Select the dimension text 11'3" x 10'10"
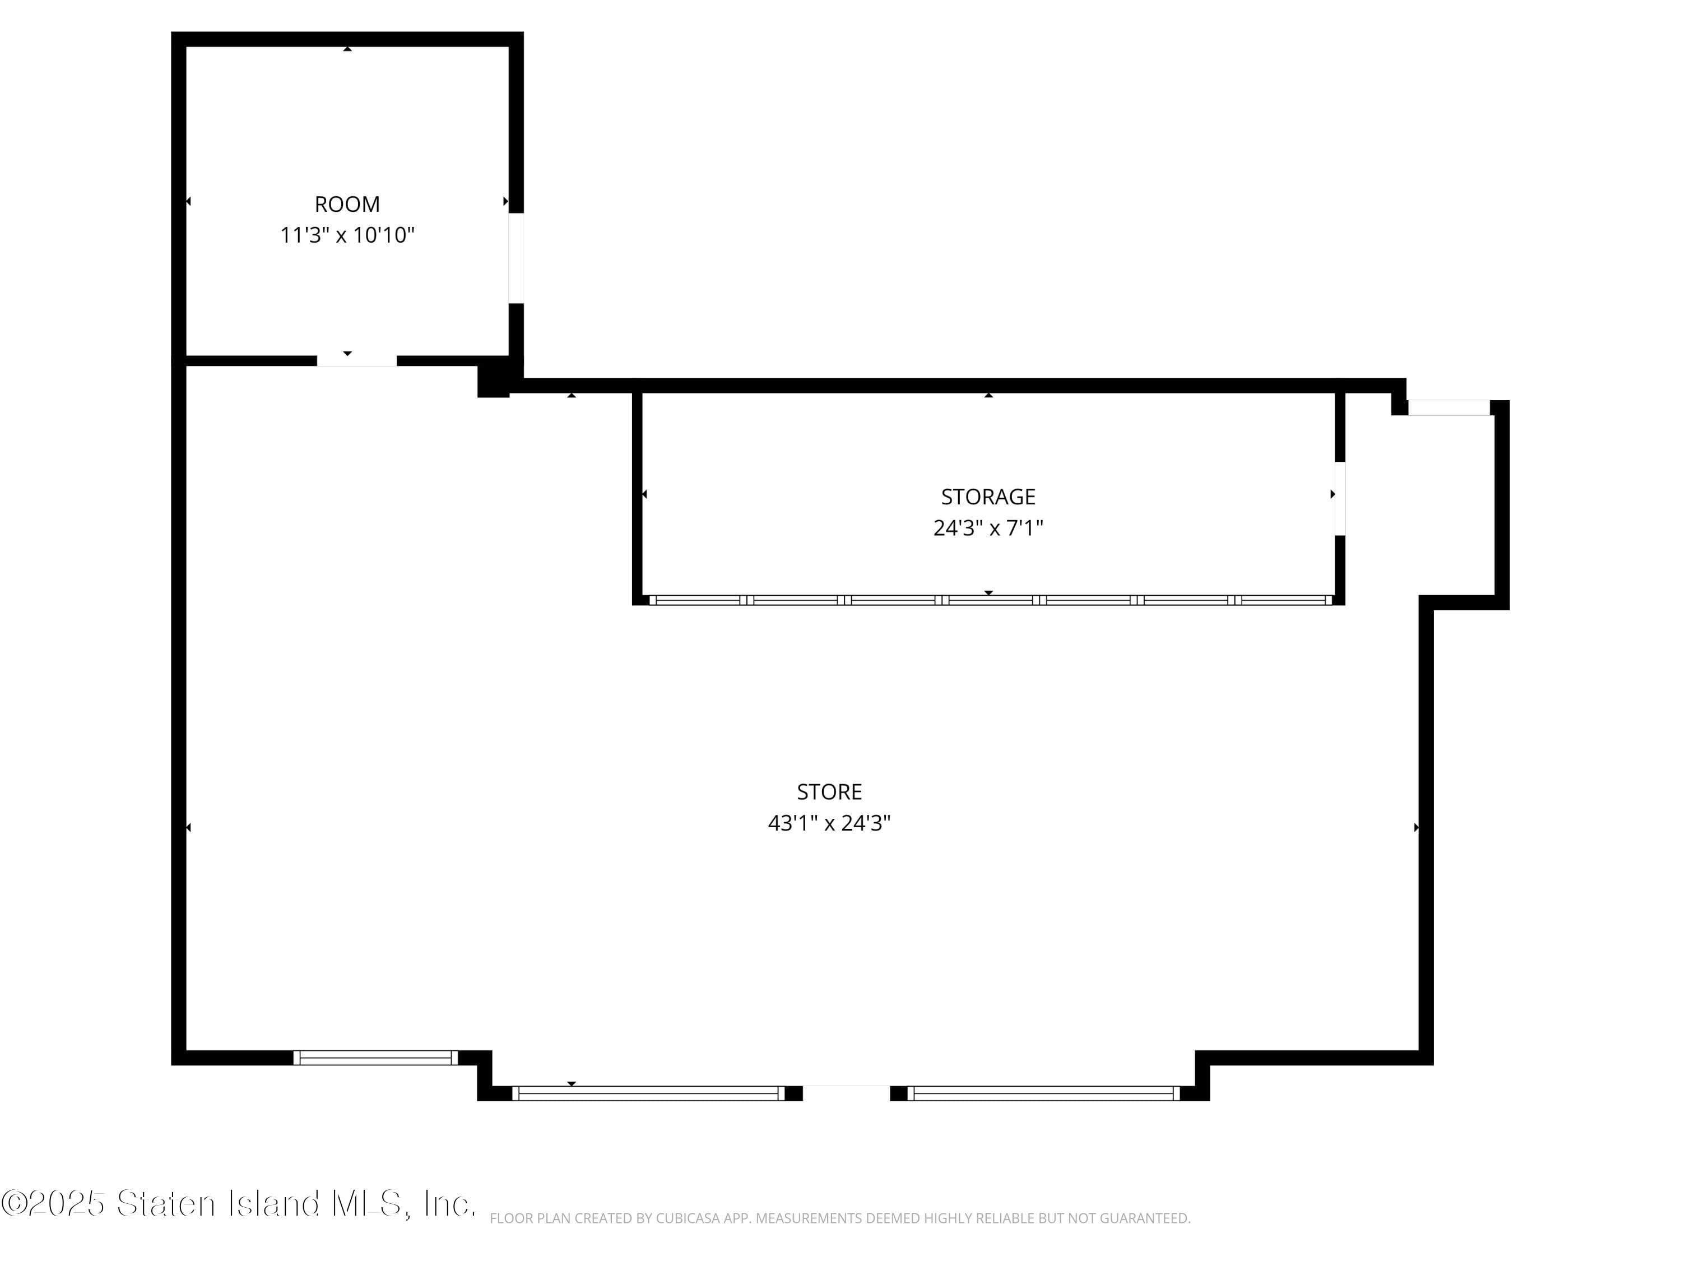click(x=347, y=235)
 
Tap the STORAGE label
click(x=988, y=497)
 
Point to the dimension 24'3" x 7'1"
click(x=988, y=527)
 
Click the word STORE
click(x=829, y=792)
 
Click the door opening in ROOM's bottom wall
click(x=356, y=361)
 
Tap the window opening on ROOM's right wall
click(x=516, y=258)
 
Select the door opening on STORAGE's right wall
click(x=1340, y=499)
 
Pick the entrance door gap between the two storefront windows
click(x=846, y=1093)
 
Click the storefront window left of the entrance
click(x=648, y=1093)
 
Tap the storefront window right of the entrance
click(x=1044, y=1093)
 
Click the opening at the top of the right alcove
click(x=1448, y=407)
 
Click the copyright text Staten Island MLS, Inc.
click(x=239, y=1203)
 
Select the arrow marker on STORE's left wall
click(x=188, y=827)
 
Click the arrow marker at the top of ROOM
click(x=347, y=49)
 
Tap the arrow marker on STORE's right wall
click(x=1416, y=827)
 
